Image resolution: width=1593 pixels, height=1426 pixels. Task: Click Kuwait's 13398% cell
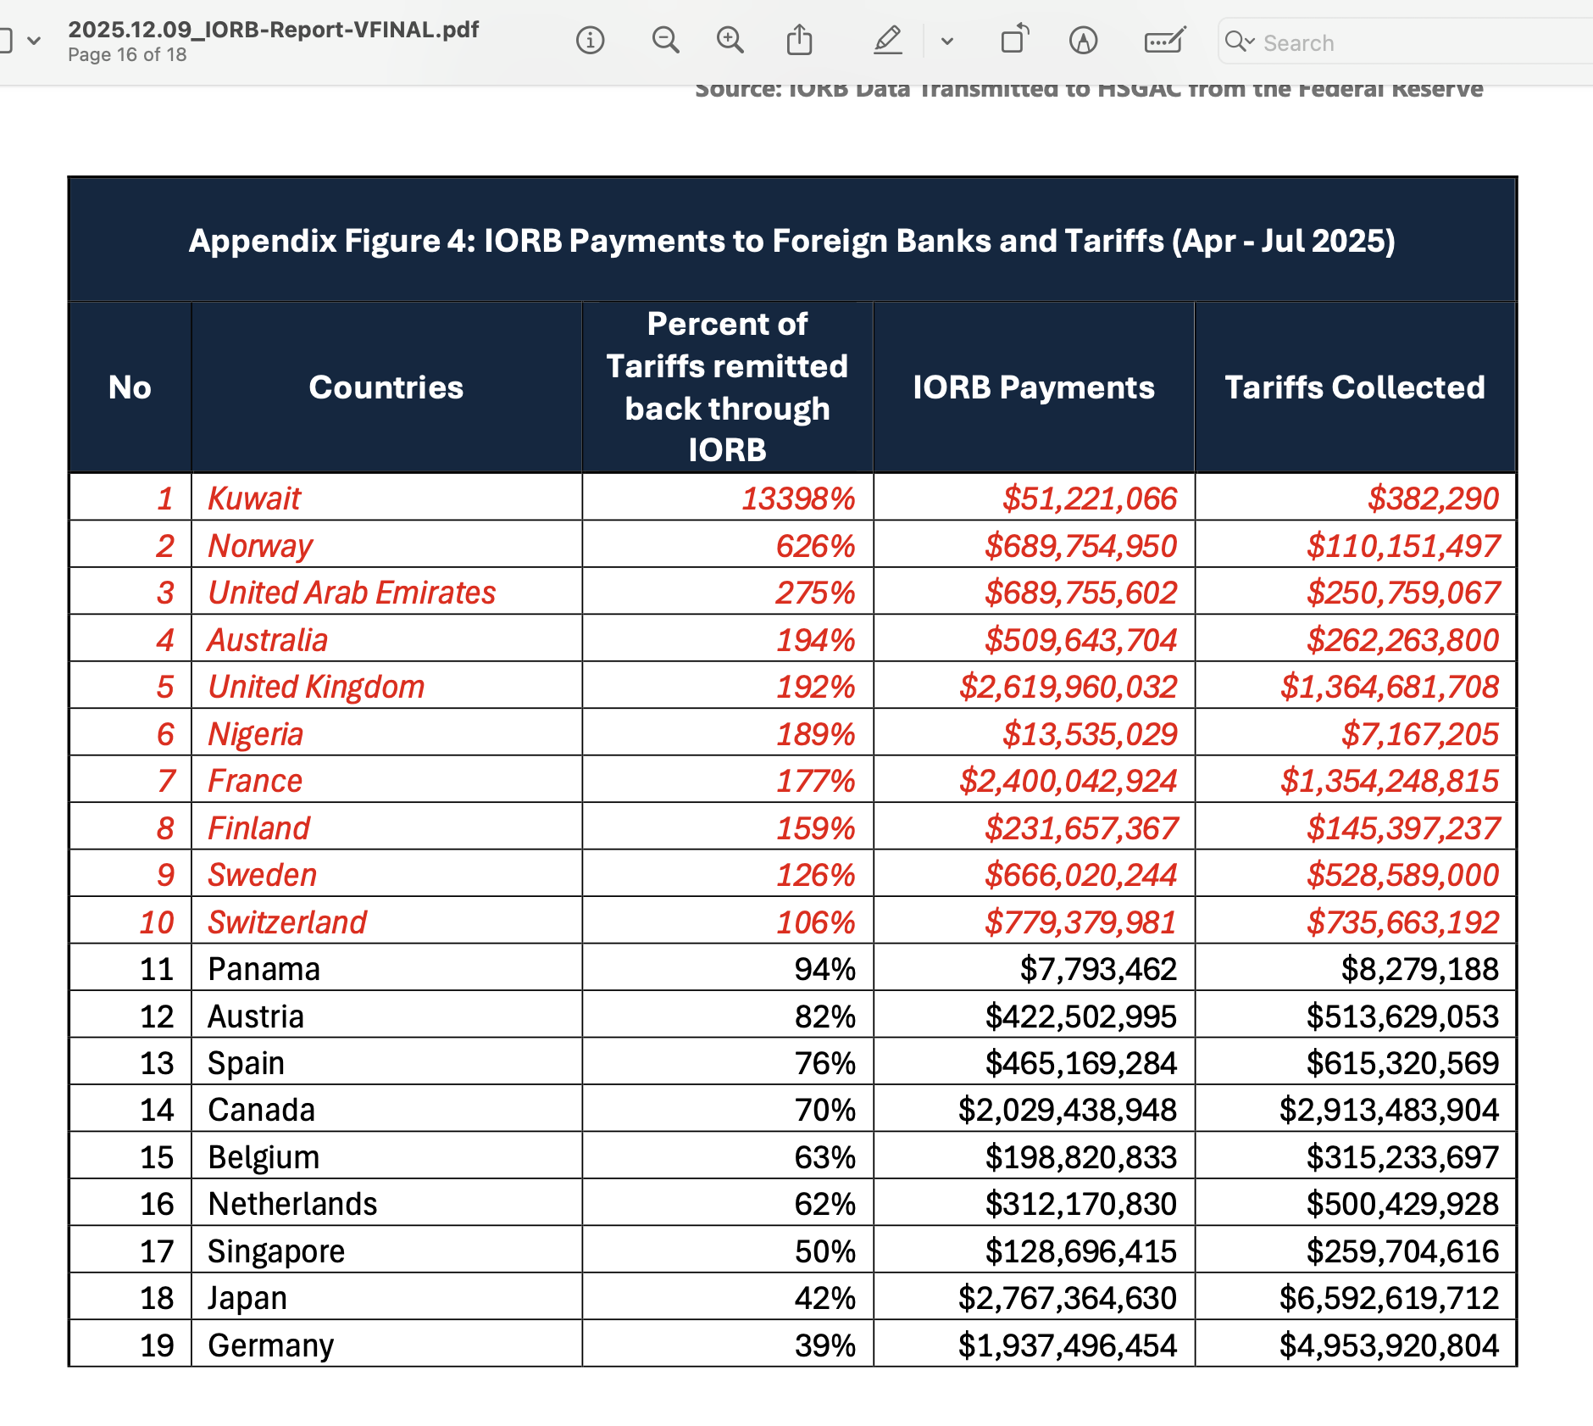797,499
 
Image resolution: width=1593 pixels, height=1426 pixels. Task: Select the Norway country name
260,546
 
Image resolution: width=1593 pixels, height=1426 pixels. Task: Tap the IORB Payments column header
1033,387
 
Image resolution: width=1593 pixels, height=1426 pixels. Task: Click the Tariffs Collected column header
1354,387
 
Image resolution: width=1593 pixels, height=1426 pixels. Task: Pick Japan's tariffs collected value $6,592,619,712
1389,1298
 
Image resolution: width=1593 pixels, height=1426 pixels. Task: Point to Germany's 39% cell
824,1345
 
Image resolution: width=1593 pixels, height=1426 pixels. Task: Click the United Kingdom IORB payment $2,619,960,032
1068,687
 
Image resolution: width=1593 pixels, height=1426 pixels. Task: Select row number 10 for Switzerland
157,922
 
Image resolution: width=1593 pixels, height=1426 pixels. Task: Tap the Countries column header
386,387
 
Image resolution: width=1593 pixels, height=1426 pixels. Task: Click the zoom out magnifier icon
665,40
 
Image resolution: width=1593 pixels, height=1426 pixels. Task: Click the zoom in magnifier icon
730,40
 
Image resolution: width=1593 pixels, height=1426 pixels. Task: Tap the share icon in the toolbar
799,40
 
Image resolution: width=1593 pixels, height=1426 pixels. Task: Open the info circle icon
590,40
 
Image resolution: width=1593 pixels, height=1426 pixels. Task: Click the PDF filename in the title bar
273,30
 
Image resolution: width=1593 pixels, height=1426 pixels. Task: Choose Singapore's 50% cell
824,1251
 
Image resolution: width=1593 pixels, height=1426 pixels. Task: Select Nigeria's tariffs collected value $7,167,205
1419,734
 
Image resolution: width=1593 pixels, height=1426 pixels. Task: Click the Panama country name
264,969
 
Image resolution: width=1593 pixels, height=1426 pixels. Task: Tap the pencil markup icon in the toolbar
887,40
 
